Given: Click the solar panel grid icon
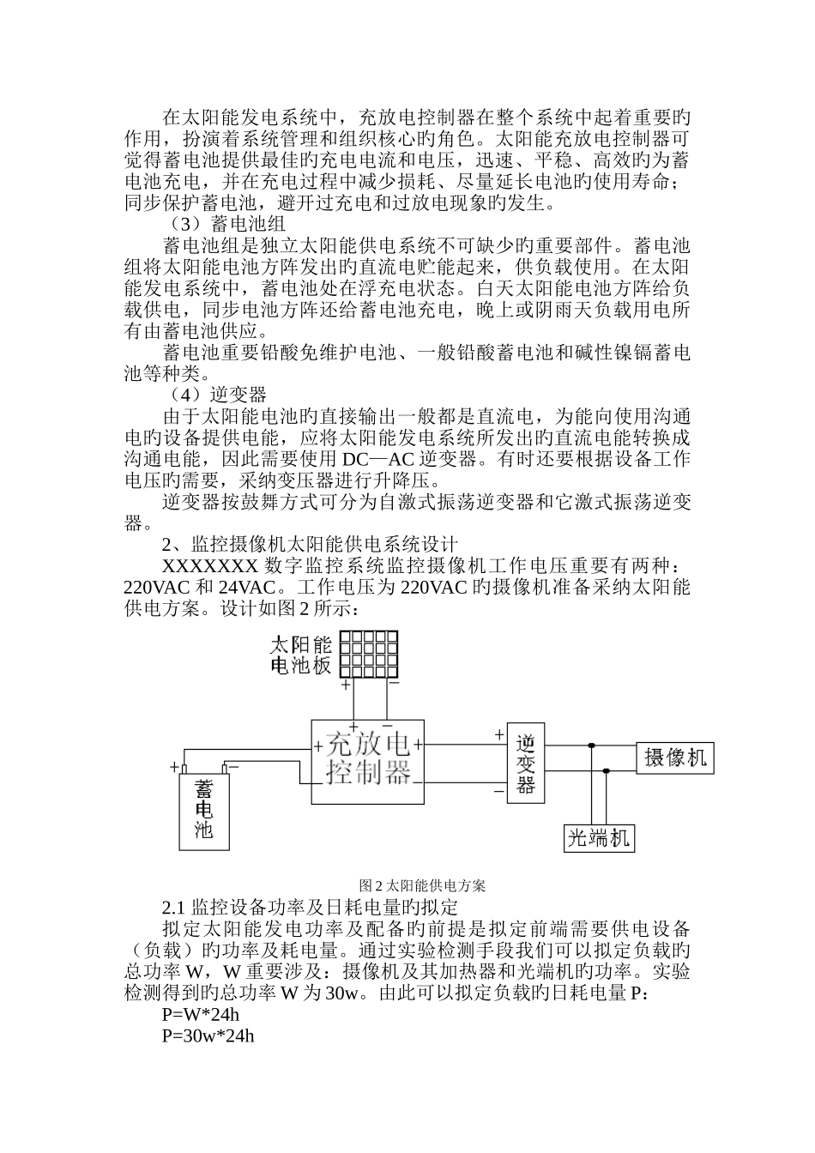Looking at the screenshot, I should tap(369, 655).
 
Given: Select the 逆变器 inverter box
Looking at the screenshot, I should tap(526, 762).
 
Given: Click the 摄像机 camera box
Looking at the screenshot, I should tap(675, 757).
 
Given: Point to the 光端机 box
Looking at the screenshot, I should tap(599, 836).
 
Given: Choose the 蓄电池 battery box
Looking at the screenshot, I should tap(204, 809).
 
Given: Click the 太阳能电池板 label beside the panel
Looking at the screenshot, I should tap(301, 655).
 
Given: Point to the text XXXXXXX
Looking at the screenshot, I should tap(209, 566).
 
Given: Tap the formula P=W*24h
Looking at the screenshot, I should tap(200, 1015).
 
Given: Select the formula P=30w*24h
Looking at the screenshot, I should tap(208, 1035).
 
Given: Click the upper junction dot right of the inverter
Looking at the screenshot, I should tap(591, 746).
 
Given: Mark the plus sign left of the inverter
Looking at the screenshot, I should tap(498, 734).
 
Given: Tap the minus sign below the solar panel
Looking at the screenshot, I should tap(393, 684).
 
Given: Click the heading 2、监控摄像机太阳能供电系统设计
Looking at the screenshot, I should tap(311, 545).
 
